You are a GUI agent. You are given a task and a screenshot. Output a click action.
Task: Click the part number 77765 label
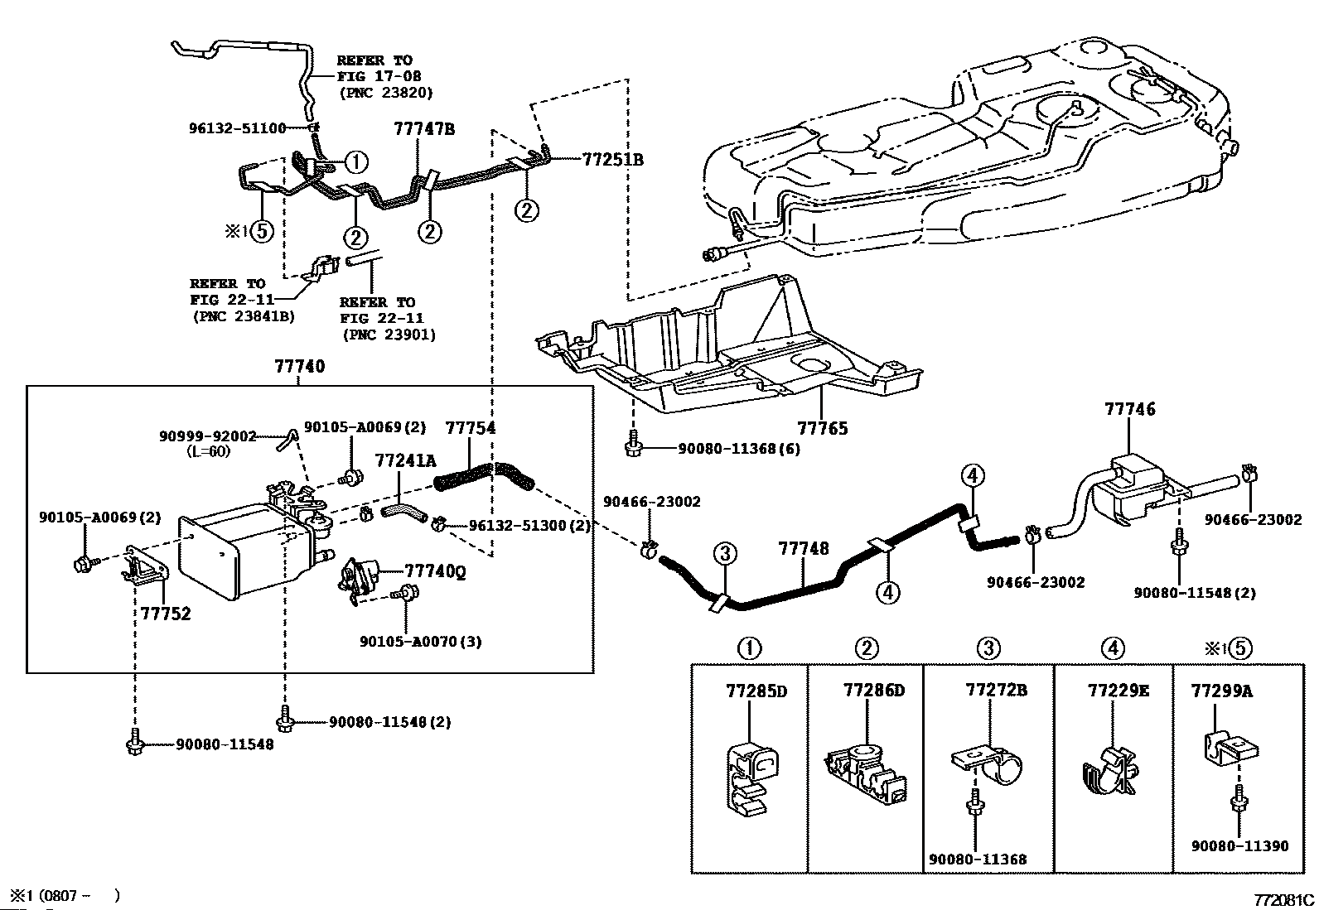coord(822,428)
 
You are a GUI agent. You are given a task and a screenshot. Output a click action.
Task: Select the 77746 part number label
coord(1128,409)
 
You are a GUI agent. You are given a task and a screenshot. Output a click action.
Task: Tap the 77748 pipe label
coord(803,548)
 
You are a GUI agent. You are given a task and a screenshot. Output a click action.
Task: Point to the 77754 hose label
coord(471,427)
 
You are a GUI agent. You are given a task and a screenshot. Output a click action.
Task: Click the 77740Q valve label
coord(434,571)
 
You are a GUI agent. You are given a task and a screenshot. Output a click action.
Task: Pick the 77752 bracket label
coord(165,614)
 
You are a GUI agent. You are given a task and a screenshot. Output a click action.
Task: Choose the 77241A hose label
coord(405,460)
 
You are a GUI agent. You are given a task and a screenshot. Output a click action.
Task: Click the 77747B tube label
coord(424,129)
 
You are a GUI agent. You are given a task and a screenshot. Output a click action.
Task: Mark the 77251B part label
coord(612,160)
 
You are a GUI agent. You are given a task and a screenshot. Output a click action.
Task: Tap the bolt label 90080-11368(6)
coord(739,449)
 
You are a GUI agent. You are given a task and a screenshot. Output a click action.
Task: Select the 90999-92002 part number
coord(207,436)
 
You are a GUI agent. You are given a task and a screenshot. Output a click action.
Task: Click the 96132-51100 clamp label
coord(237,128)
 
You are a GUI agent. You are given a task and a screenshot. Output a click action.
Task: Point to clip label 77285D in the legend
coord(756,691)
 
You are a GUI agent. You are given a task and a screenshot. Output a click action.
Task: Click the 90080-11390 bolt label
coord(1239,845)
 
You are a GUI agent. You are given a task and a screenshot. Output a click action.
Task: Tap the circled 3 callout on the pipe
coord(723,553)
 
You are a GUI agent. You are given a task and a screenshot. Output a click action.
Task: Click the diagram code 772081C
coord(1283,899)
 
